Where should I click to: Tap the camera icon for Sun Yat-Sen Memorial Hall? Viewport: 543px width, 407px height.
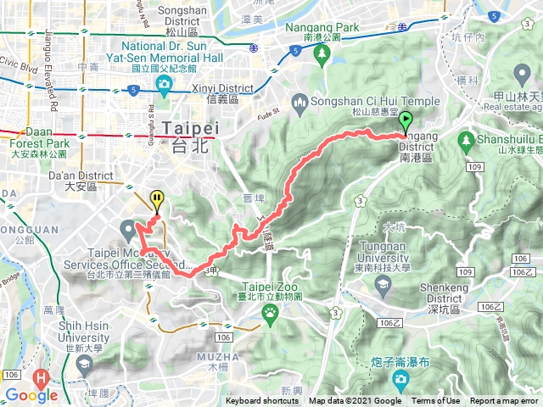[x=164, y=83]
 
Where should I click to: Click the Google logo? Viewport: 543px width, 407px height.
[x=31, y=395]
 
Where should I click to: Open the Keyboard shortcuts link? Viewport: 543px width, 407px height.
[x=262, y=401]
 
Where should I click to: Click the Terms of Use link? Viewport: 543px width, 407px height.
[x=436, y=401]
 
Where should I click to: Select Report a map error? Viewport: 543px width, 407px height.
[x=505, y=401]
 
